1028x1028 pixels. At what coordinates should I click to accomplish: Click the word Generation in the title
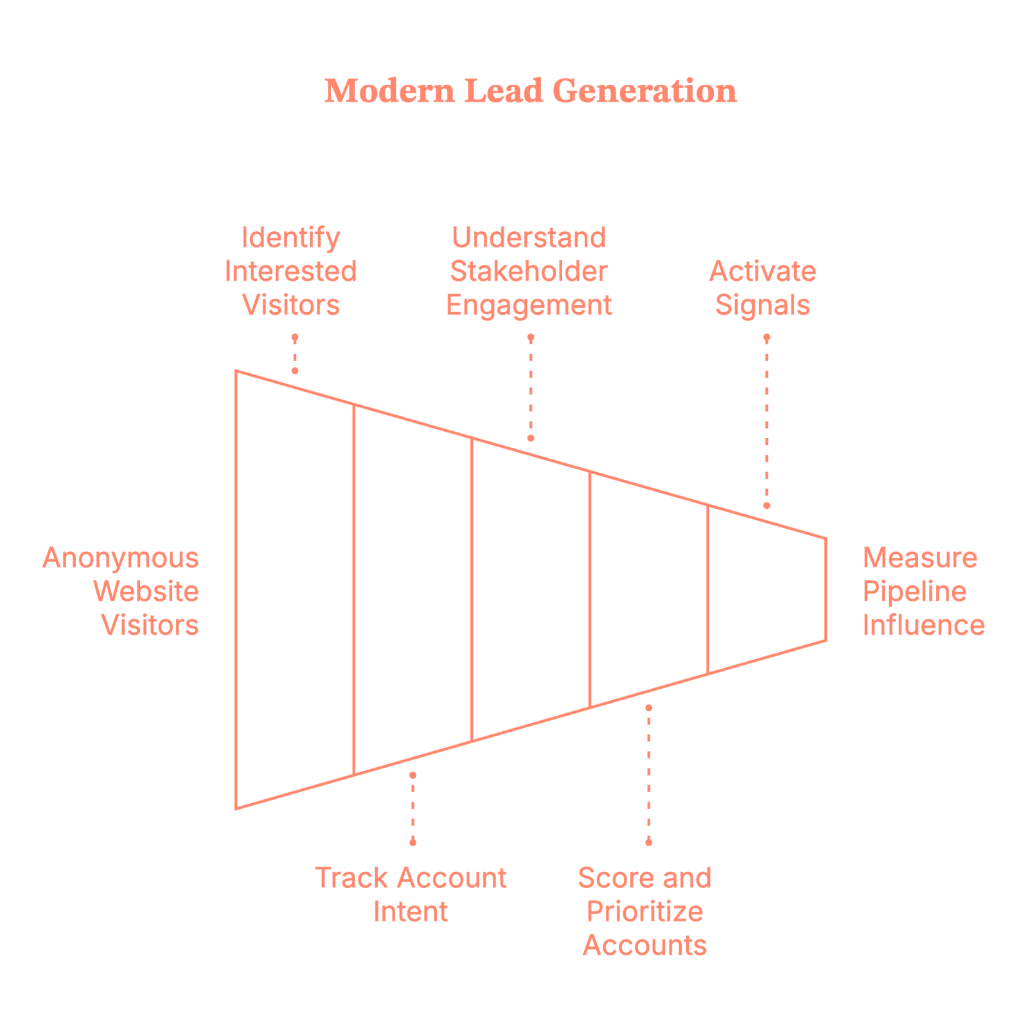tap(644, 91)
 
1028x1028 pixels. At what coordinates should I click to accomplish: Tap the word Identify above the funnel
tap(291, 238)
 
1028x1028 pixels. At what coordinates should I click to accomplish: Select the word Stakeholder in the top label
tap(529, 272)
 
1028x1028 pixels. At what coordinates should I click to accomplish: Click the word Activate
tap(763, 272)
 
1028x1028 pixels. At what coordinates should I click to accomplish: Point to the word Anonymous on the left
tap(121, 558)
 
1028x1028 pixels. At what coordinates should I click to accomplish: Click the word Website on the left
tap(146, 592)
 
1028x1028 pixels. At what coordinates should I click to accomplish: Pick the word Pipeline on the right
tap(914, 592)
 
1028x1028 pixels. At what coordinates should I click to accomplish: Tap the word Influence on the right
tap(923, 625)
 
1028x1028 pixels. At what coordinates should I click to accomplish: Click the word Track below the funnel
tap(351, 878)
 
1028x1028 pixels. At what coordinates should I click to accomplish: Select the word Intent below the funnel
tap(411, 912)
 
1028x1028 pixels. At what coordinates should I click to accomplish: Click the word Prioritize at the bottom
tap(644, 912)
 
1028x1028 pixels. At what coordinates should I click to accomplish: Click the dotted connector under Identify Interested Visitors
tap(295, 354)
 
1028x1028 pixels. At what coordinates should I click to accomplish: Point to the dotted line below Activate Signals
tap(767, 421)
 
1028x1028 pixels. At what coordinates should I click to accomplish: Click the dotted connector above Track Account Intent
tap(412, 808)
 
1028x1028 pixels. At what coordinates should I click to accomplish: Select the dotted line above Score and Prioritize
tap(649, 774)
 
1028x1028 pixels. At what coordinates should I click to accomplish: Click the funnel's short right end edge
tap(826, 589)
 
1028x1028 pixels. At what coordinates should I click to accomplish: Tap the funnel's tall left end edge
tap(236, 589)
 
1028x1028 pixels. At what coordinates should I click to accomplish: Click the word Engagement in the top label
tap(529, 305)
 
